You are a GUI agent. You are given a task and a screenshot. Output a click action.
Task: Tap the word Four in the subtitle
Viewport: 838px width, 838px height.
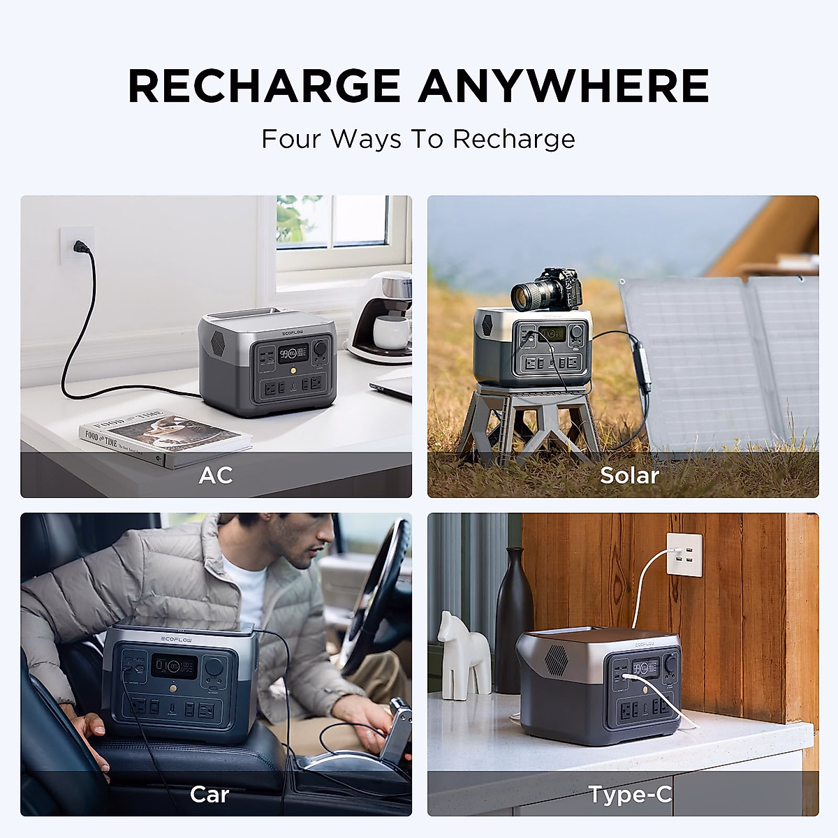(291, 138)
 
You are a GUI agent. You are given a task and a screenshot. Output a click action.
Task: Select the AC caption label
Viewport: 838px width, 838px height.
(215, 475)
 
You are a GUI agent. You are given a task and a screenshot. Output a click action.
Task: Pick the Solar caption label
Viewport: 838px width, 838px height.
(629, 475)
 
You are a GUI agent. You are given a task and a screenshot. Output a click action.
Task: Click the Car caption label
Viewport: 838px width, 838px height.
(209, 794)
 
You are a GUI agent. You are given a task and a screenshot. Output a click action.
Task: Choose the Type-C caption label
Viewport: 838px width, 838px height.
(629, 794)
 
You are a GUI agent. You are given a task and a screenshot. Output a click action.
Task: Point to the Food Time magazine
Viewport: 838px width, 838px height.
(164, 432)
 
